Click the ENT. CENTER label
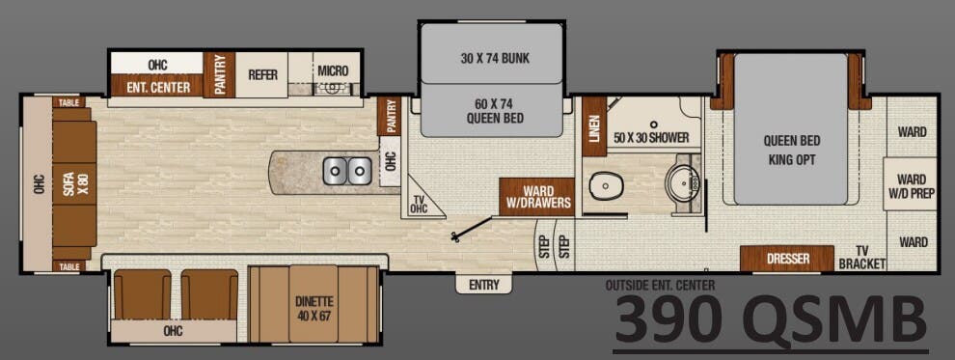(x=157, y=86)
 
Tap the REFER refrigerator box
(x=262, y=74)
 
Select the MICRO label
(x=334, y=71)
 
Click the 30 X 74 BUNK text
(x=495, y=58)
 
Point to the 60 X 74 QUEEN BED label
(x=495, y=111)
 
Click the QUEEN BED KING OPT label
(x=791, y=150)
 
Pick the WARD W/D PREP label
(x=912, y=186)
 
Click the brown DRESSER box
(x=787, y=259)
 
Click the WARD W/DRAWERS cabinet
(x=537, y=197)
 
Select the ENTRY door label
(x=484, y=285)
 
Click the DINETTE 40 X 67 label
(x=314, y=307)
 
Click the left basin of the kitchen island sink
(x=336, y=171)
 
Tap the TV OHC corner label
(x=420, y=204)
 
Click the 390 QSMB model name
(x=769, y=319)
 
